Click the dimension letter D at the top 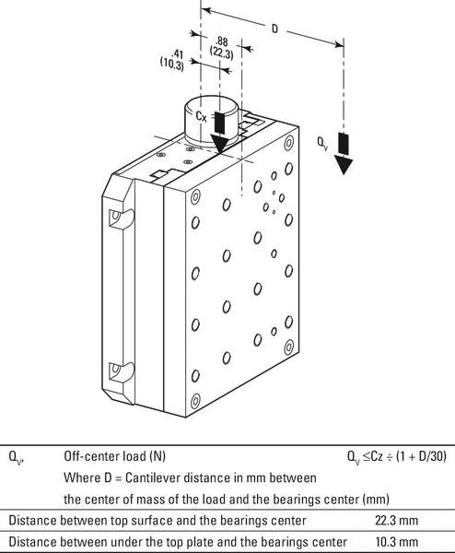(x=274, y=29)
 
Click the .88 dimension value (x=222, y=41)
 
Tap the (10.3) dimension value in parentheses (x=172, y=65)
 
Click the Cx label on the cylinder (x=201, y=116)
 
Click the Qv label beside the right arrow (x=322, y=144)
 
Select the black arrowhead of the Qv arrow (x=344, y=165)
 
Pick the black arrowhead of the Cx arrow (x=219, y=144)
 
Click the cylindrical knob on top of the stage (x=213, y=121)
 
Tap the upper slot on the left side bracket (x=121, y=218)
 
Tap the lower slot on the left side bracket (x=121, y=373)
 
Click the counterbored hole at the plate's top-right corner (x=288, y=143)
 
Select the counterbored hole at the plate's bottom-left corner (x=195, y=402)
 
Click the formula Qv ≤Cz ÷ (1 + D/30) (x=396, y=457)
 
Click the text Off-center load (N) (x=114, y=456)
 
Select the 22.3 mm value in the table (x=396, y=521)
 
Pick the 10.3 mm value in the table (x=396, y=542)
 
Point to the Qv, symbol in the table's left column (x=17, y=457)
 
